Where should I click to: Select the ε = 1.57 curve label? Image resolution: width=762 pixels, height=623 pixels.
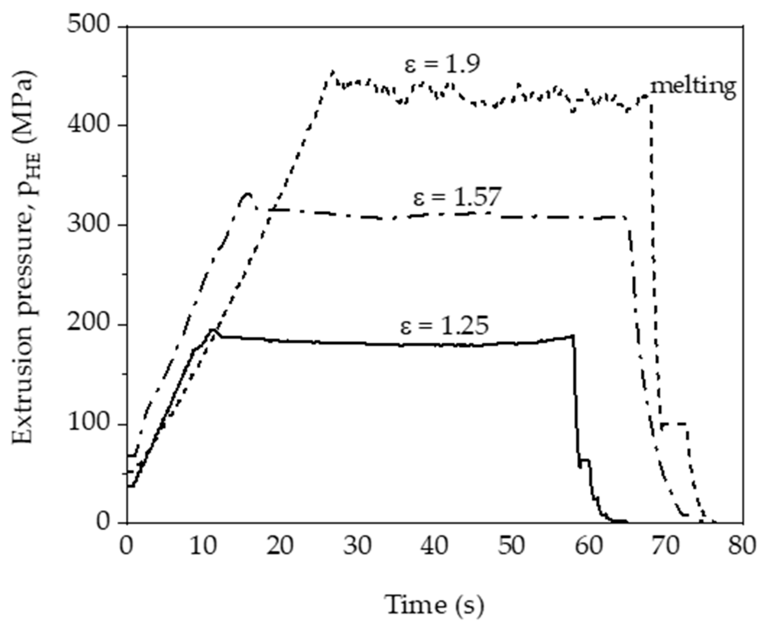pos(457,198)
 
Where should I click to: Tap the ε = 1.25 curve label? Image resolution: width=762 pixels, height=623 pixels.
pos(444,325)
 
